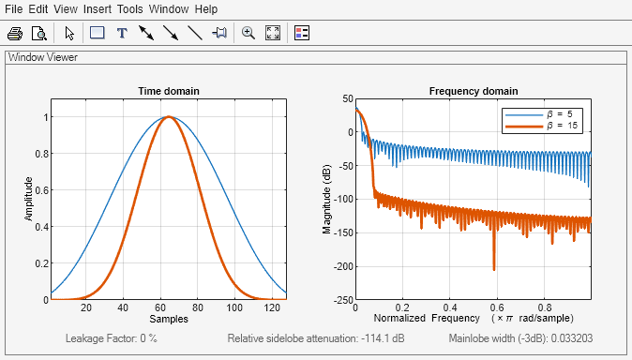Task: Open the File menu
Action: [14, 9]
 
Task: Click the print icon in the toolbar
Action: [15, 33]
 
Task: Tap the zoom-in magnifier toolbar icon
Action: [248, 33]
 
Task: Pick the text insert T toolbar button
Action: [121, 33]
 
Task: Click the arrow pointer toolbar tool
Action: [69, 33]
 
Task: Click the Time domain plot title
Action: [169, 91]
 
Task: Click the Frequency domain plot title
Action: [473, 91]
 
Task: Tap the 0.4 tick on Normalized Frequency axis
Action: [449, 307]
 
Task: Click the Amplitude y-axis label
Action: [28, 199]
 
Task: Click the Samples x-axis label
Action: [169, 320]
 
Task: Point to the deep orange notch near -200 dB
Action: [494, 267]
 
